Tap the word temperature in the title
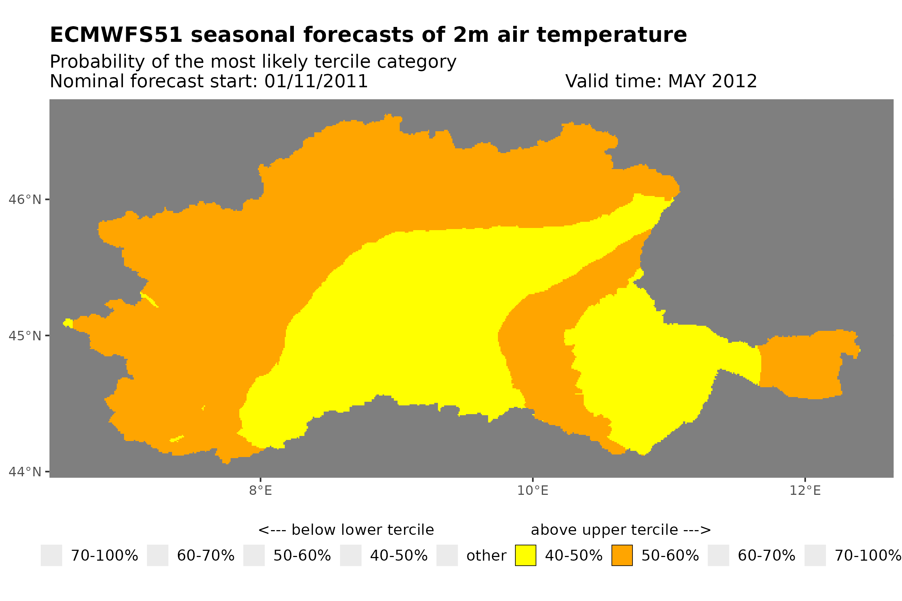(611, 35)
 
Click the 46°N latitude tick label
(24, 200)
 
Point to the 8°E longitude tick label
(260, 491)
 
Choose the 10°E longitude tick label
(532, 491)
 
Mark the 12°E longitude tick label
(805, 491)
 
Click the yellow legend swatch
(525, 556)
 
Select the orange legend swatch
(622, 556)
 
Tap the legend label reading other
(486, 556)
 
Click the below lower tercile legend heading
(346, 530)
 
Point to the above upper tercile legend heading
(620, 530)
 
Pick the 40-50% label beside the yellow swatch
(574, 556)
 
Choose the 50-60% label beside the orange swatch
(670, 556)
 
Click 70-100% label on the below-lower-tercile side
(104, 556)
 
